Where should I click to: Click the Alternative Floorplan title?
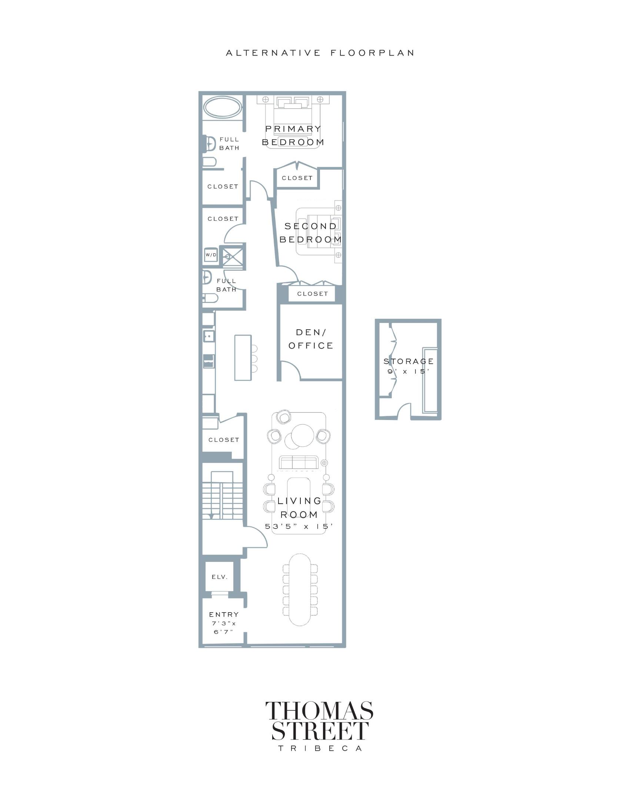click(320, 53)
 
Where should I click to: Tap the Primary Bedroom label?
click(293, 136)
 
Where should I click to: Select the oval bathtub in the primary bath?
click(222, 107)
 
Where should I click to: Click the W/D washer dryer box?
click(211, 255)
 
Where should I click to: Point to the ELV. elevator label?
click(220, 577)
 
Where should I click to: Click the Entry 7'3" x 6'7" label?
click(224, 623)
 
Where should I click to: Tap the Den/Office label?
click(311, 339)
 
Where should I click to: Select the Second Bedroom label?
click(310, 233)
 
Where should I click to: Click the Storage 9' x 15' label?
click(409, 366)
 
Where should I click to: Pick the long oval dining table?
click(300, 590)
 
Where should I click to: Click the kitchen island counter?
click(243, 358)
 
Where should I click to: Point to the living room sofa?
click(299, 463)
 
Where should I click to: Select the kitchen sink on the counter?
click(209, 337)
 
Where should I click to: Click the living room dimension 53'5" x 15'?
click(299, 526)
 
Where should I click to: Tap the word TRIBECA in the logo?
click(320, 749)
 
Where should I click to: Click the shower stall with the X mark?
click(233, 256)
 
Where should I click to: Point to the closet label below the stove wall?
click(224, 440)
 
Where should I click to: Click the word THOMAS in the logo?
click(319, 711)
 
